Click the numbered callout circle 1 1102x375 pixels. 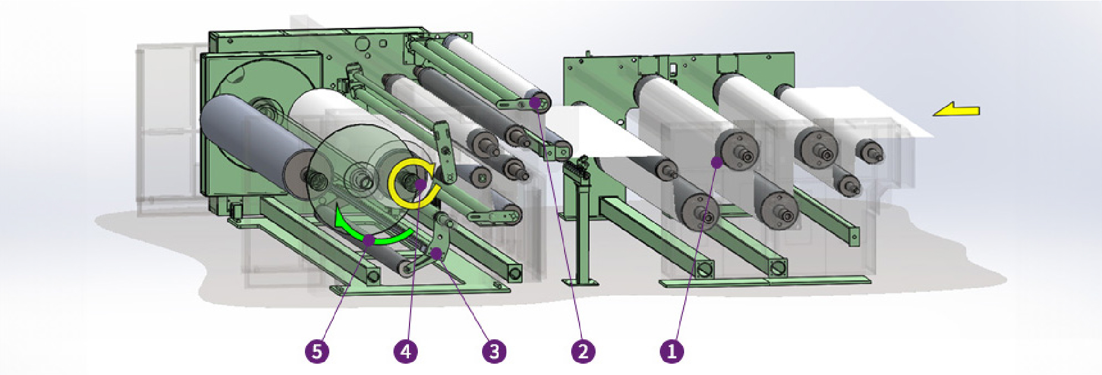pos(672,351)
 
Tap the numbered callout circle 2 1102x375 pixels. pos(583,351)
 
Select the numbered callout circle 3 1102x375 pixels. pos(495,351)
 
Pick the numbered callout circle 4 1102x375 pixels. pos(405,351)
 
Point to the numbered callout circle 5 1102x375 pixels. pos(317,351)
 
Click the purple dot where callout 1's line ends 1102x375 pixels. pos(717,161)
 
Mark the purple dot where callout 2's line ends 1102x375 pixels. pos(534,103)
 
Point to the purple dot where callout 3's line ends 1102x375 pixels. pos(437,253)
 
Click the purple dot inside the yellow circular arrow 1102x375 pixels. pos(420,185)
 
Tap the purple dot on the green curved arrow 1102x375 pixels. pos(369,241)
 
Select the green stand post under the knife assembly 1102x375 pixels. pos(583,226)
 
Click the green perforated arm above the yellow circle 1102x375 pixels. pos(445,152)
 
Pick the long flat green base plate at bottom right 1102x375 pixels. pos(767,281)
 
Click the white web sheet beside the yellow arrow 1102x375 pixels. pos(862,113)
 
